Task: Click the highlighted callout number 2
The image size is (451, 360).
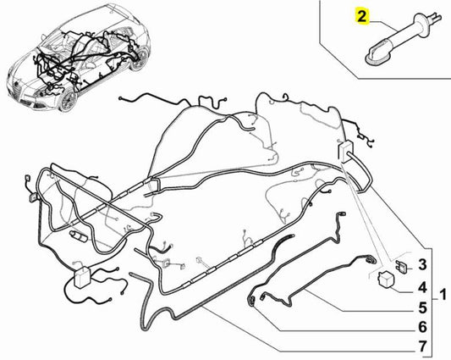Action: click(x=362, y=16)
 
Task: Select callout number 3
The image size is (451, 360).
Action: click(x=422, y=264)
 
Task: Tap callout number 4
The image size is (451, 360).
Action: click(x=422, y=288)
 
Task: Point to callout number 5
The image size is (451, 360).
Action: click(x=422, y=307)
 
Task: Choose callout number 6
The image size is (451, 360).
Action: click(x=422, y=327)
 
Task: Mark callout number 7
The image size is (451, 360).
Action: click(x=422, y=346)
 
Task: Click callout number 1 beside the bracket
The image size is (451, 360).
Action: click(x=443, y=295)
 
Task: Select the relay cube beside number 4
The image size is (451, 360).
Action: click(x=386, y=279)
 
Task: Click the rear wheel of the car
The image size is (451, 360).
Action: click(x=140, y=59)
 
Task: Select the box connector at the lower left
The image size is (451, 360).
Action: click(x=83, y=276)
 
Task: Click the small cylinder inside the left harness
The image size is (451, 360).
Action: click(x=78, y=235)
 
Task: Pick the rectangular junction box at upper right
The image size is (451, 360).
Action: click(x=345, y=150)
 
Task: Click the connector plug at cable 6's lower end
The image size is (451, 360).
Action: click(x=251, y=302)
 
